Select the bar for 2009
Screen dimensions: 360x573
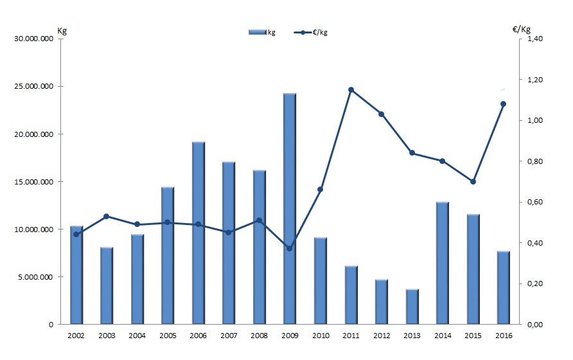[x=289, y=209]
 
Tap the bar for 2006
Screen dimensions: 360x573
[x=198, y=233]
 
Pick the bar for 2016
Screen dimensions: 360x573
[x=503, y=287]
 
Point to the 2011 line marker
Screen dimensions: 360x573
[x=351, y=89]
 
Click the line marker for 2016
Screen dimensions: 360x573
[x=503, y=104]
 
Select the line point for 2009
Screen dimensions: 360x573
[x=289, y=248]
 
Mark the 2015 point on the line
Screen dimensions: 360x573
[x=473, y=181]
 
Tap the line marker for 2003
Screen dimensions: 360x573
[x=106, y=216]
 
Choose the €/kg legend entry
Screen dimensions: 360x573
[x=315, y=32]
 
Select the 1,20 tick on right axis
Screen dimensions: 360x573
[x=535, y=80]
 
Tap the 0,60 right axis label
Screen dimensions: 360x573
[x=535, y=202]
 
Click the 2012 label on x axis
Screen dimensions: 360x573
[x=382, y=336]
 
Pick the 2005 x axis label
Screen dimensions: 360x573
[x=167, y=336]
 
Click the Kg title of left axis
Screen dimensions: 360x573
[x=62, y=30]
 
